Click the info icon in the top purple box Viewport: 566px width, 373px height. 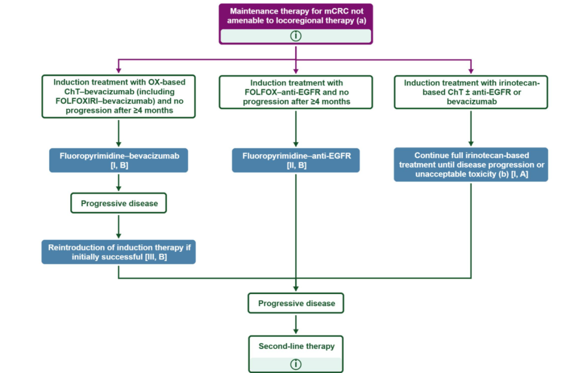pyautogui.click(x=296, y=36)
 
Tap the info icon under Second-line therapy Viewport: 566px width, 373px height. pyautogui.click(x=296, y=364)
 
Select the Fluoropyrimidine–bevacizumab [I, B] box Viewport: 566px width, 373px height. pyautogui.click(x=119, y=161)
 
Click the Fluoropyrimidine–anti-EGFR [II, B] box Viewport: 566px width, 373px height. pyautogui.click(x=296, y=161)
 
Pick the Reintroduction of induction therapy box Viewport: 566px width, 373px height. pyautogui.click(x=119, y=252)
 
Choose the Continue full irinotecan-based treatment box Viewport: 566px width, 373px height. pyautogui.click(x=471, y=164)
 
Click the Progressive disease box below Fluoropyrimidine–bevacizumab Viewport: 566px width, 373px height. pyautogui.click(x=119, y=204)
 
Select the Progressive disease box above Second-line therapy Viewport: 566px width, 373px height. pyautogui.click(x=296, y=303)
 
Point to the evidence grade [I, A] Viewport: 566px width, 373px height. pyautogui.click(x=519, y=174)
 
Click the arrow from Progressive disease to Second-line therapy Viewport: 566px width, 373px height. pyautogui.click(x=296, y=324)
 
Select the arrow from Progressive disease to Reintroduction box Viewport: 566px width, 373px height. pyautogui.click(x=119, y=227)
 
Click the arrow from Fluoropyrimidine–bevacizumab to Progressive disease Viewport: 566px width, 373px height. pyautogui.click(x=119, y=183)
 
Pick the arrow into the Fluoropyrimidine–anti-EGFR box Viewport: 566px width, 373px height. pyautogui.click(x=296, y=129)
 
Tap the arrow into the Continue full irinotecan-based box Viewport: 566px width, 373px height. pyautogui.click(x=471, y=128)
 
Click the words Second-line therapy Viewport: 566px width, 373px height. pyautogui.click(x=296, y=346)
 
